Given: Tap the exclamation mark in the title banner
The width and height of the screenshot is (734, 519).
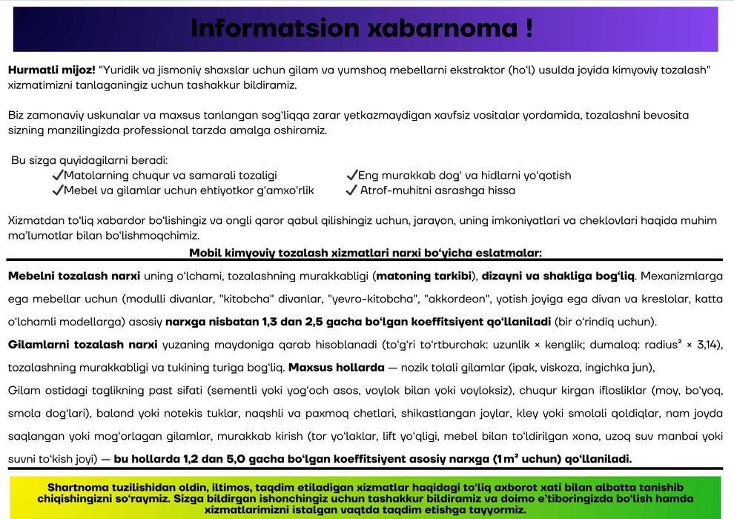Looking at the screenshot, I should [528, 28].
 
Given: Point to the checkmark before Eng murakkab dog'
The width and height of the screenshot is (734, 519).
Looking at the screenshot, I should [351, 176].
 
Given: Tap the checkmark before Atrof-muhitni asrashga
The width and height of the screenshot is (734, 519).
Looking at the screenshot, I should [351, 191].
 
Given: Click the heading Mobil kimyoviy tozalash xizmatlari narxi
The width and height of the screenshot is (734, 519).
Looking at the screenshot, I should [366, 252].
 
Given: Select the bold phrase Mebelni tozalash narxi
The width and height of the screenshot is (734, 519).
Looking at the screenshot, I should [73, 277].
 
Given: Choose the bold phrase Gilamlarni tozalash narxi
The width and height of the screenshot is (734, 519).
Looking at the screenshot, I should [82, 345].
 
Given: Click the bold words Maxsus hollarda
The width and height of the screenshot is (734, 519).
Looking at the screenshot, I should [336, 368].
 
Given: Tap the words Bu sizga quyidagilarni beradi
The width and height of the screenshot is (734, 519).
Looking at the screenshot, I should [90, 160].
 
